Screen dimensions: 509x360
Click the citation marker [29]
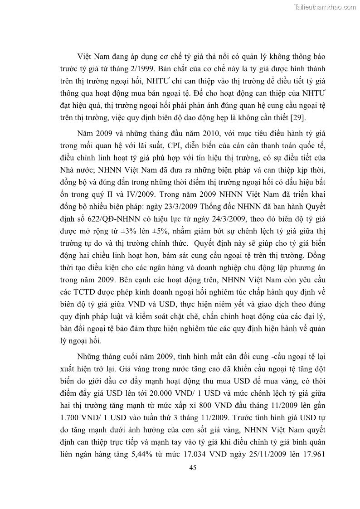click(297, 118)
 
